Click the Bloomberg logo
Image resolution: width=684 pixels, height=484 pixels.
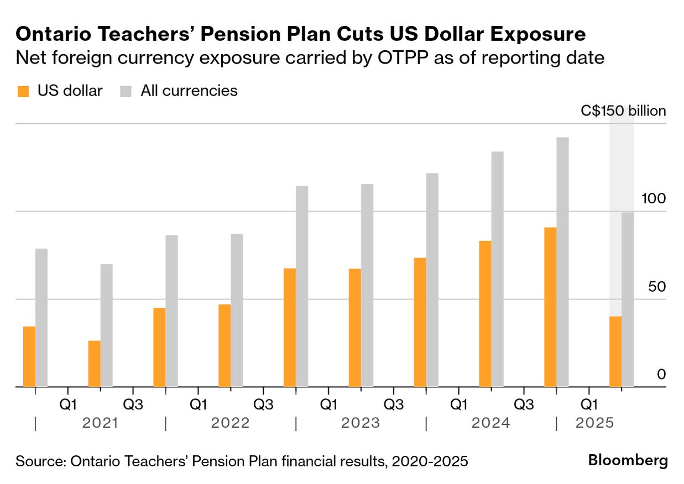(x=628, y=460)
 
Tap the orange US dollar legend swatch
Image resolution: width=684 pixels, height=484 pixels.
(x=23, y=92)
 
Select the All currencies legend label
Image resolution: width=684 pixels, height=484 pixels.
(x=189, y=91)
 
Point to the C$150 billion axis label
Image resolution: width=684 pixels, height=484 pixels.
(x=623, y=111)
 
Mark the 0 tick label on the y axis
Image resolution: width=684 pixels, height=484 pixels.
(x=661, y=375)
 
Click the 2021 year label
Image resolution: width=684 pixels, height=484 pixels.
(x=100, y=423)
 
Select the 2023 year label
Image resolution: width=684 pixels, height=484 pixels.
(x=361, y=423)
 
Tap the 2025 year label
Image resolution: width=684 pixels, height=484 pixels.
(x=594, y=423)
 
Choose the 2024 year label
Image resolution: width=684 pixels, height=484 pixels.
(x=490, y=423)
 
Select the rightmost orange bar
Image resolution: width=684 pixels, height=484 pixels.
(x=615, y=351)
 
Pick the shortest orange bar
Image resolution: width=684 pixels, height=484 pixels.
(x=95, y=364)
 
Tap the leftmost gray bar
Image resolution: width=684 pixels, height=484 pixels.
(x=41, y=318)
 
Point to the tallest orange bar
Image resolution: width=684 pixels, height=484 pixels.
(x=550, y=307)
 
